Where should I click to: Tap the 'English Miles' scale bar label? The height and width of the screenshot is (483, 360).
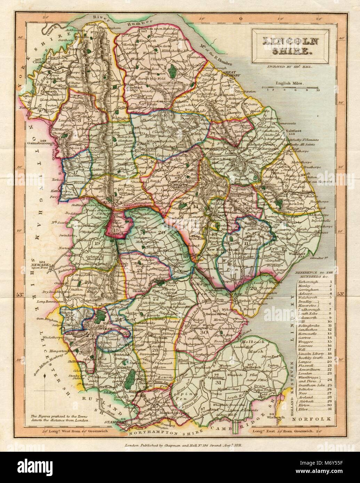tap(289, 83)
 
